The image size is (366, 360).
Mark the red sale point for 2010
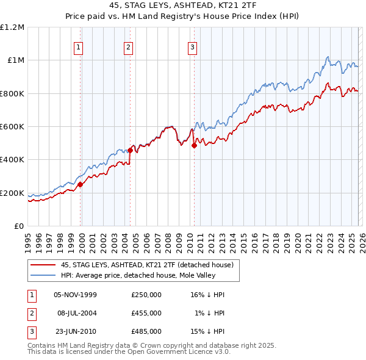tap(194, 145)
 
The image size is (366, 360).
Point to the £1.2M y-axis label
tap(12, 27)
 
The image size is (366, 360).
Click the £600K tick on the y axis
tap(12, 127)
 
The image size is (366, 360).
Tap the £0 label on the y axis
tap(19, 226)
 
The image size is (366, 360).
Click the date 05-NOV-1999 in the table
tap(75, 295)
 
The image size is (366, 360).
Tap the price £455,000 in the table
tap(146, 313)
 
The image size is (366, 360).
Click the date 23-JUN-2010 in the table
tap(75, 331)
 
